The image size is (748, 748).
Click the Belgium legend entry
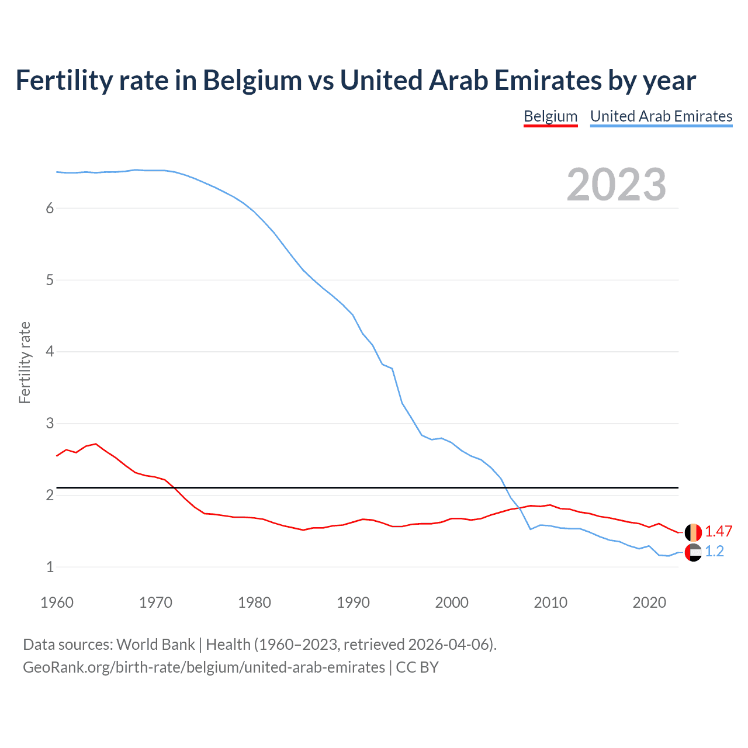pos(550,116)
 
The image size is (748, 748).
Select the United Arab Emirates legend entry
pos(661,116)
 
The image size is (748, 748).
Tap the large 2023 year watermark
pos(616,185)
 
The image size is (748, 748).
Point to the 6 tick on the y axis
pos(50,209)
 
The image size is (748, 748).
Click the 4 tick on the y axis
pos(50,352)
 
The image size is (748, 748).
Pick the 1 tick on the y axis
pos(50,567)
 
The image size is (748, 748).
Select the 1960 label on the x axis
pos(57,602)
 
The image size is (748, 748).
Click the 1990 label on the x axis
pos(353,602)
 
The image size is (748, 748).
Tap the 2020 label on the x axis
pos(649,602)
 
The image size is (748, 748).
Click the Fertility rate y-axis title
pos(25,362)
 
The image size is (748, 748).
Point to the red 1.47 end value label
pos(718,531)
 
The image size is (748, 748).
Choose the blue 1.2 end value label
pos(714,551)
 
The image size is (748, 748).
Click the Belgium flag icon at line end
pos(693,532)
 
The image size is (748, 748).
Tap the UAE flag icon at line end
pos(693,552)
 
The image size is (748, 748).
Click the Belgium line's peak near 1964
pos(96,444)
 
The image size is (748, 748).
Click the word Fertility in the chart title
pos(64,81)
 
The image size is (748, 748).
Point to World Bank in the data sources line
pos(155,645)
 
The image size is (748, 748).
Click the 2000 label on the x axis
pos(452,602)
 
